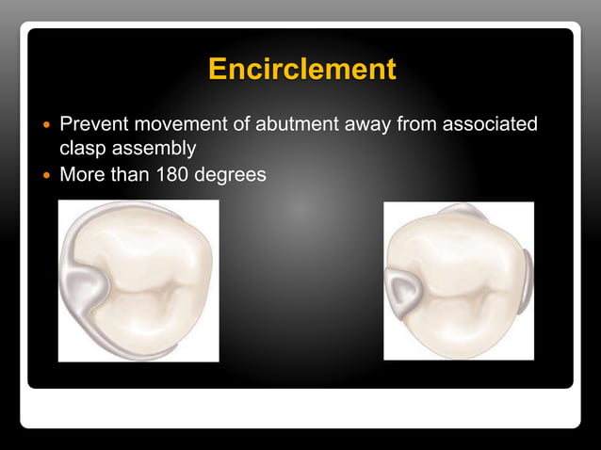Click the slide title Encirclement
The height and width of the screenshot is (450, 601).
(x=301, y=70)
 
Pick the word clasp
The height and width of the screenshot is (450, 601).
(x=82, y=149)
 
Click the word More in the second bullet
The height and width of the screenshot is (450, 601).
(x=83, y=174)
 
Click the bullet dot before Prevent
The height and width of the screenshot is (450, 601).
(x=43, y=124)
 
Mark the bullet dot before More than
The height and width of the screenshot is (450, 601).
(x=43, y=175)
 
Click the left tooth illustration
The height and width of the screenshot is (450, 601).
(x=138, y=281)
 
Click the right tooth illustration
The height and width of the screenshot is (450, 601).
(x=459, y=281)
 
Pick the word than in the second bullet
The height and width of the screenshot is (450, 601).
(x=129, y=174)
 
